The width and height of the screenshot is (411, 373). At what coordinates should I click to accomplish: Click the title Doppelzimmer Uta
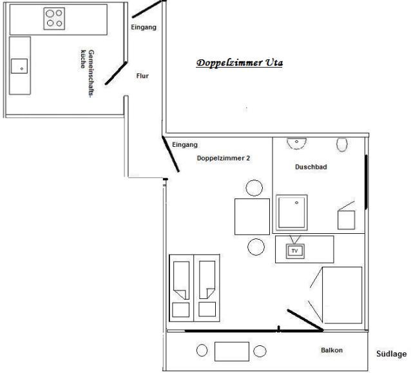tap(239, 63)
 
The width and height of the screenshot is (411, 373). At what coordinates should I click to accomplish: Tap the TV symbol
tap(295, 251)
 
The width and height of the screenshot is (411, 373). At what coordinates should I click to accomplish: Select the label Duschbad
tap(311, 167)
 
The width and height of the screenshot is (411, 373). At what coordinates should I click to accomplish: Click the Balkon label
tap(332, 350)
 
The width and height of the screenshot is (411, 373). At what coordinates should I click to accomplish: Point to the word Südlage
tap(391, 354)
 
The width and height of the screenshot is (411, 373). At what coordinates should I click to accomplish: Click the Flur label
tap(142, 76)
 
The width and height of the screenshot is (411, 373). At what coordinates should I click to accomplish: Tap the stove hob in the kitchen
tap(54, 19)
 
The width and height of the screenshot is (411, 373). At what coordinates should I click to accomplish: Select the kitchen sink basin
tap(19, 66)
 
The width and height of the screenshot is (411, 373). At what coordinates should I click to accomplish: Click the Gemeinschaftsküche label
tap(87, 73)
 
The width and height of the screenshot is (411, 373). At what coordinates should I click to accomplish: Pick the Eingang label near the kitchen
tap(144, 28)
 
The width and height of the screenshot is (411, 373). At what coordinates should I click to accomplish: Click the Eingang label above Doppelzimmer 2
tap(185, 145)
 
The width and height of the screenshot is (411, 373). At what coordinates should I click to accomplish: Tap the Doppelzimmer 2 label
tap(224, 158)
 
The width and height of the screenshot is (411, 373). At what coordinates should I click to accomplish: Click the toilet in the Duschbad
tap(342, 144)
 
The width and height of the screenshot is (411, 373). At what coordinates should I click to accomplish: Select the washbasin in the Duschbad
tap(296, 144)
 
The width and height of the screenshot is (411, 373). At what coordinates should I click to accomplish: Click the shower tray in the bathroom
tap(291, 213)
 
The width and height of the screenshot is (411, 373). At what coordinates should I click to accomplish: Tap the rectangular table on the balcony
tap(232, 352)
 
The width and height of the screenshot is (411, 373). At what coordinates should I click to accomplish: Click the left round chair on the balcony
tap(202, 350)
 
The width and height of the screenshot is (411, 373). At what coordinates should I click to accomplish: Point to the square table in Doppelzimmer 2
tap(252, 216)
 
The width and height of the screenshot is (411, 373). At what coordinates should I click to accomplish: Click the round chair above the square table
tap(254, 188)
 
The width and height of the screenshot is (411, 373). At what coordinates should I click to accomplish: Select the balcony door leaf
tap(305, 320)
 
